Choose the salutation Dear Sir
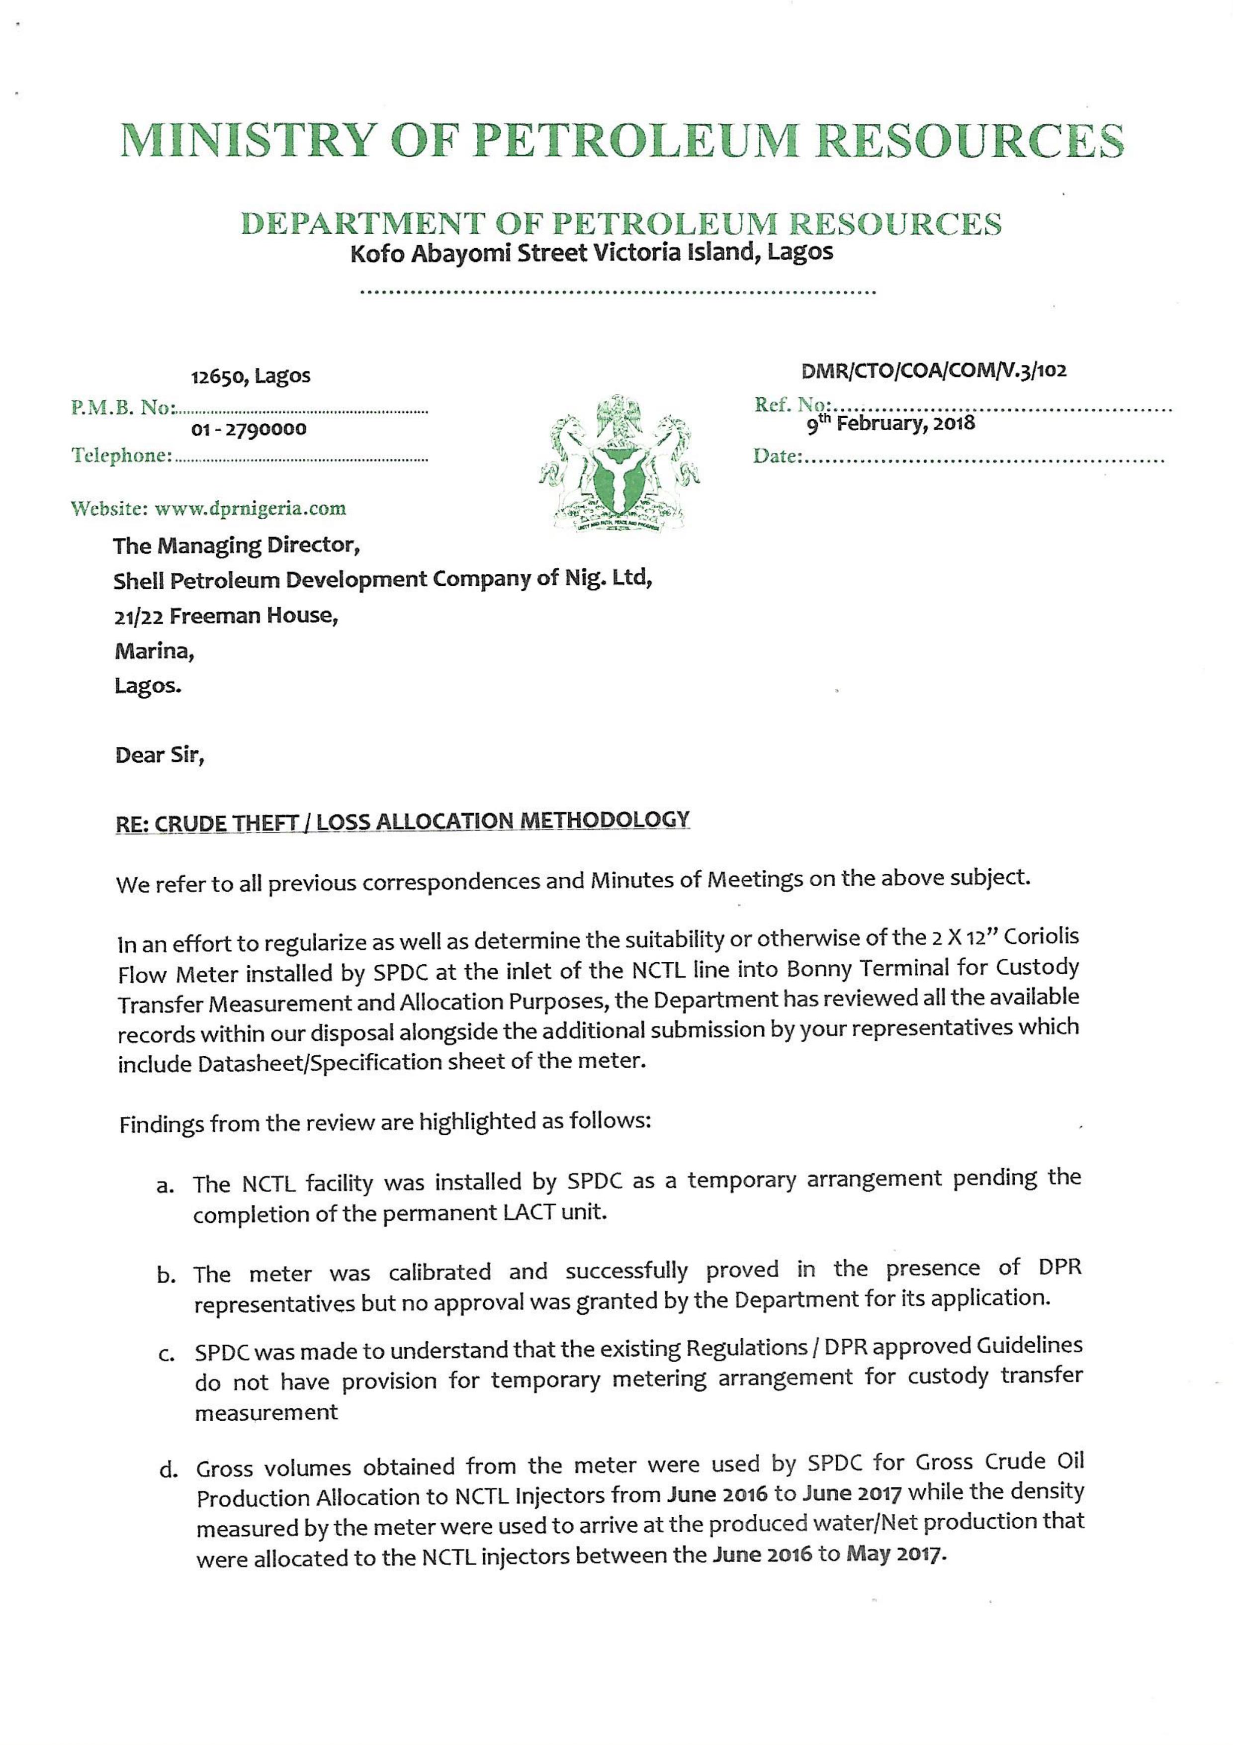[160, 755]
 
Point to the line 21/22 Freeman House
[226, 615]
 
